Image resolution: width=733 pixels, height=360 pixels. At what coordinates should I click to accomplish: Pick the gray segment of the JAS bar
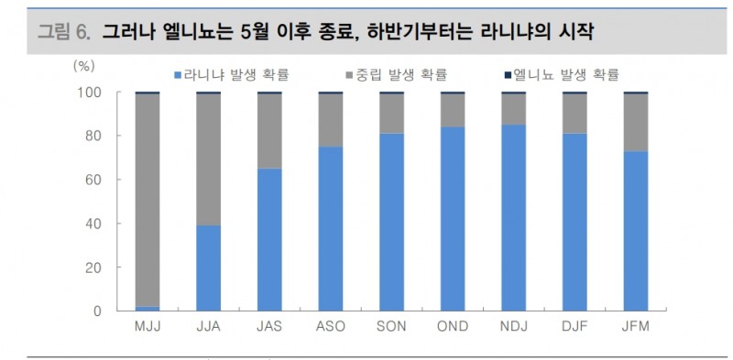pos(269,131)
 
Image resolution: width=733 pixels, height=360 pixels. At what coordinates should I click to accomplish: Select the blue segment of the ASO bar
pos(331,229)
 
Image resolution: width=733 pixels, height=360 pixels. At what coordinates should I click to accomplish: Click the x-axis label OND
pos(453,327)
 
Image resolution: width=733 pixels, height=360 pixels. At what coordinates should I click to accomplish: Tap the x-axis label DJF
pos(574,327)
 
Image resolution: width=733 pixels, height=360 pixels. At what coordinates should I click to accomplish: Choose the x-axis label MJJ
pos(147,327)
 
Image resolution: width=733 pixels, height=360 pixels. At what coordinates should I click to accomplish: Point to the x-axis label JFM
pos(636,327)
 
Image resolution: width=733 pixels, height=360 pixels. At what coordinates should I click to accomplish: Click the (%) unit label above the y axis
pos(84,67)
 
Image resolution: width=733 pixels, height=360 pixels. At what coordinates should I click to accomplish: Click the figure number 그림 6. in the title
pos(63,34)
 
